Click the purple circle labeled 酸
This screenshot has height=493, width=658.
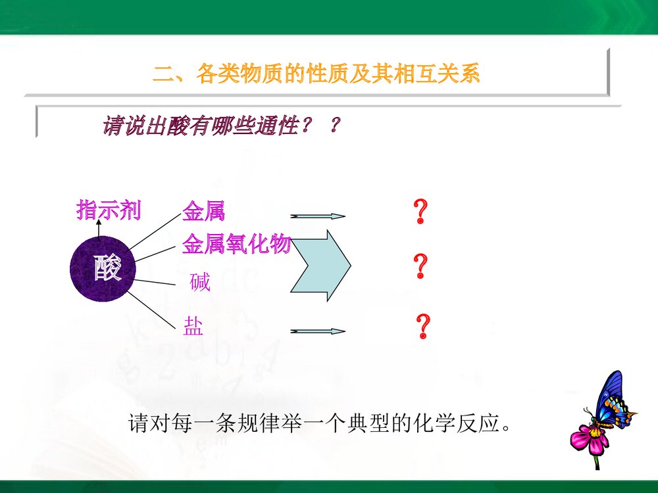coord(103,268)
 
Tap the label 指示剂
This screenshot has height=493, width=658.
coord(109,211)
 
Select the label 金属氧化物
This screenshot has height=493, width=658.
coord(236,244)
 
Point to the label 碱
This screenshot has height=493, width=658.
coord(199,283)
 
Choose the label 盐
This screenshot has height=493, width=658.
coord(193,327)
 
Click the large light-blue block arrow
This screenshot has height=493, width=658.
coord(320,266)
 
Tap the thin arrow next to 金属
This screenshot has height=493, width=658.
coord(318,216)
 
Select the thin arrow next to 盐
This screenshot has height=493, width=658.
coord(318,331)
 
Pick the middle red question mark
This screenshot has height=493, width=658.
coord(420,267)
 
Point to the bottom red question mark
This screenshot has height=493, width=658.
coord(423,326)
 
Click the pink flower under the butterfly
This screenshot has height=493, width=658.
coord(590,438)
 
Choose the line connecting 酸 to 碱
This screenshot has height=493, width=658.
coord(158,283)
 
